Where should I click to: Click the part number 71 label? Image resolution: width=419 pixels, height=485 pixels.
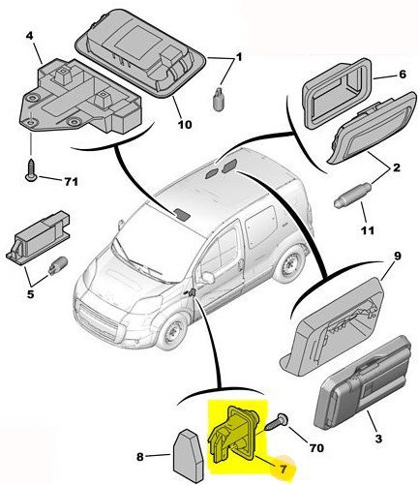72,182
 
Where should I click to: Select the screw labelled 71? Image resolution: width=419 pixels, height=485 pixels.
31,170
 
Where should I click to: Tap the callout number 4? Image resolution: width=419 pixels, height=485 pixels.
29,36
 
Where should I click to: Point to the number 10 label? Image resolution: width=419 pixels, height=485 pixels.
185,124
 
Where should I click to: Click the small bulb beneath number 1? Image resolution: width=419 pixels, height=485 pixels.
219,99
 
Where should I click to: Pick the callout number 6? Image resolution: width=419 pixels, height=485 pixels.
403,75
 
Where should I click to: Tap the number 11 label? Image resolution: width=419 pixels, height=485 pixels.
368,230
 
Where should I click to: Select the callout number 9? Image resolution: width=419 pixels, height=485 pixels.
397,257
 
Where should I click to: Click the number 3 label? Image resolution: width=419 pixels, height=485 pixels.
378,439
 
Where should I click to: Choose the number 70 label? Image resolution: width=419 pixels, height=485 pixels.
316,447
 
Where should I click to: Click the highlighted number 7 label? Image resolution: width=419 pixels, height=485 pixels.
284,469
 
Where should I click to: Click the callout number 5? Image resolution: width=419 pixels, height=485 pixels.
30,294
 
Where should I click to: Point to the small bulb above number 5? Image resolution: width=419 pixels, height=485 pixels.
58,266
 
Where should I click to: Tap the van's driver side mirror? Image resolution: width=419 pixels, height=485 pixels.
208,278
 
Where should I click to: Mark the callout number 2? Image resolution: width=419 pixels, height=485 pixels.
397,167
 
